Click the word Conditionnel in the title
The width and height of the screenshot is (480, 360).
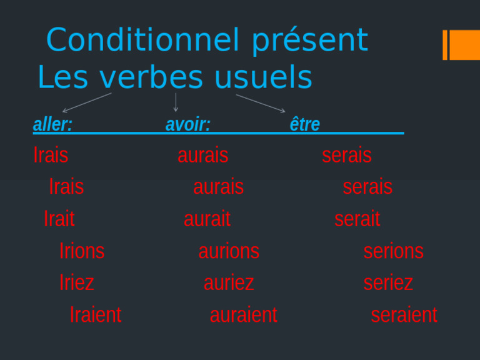point(142,41)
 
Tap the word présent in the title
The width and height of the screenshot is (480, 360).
point(309,41)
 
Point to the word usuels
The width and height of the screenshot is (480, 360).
point(262,78)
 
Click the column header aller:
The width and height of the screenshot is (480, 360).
point(52,124)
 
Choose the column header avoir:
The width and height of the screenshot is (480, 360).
point(187,124)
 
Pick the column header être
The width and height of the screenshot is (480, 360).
point(305,124)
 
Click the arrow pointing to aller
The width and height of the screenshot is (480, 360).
point(87,102)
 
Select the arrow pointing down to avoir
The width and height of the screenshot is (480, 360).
point(176,102)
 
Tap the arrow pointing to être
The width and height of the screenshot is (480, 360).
point(261,103)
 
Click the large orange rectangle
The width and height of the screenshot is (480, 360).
point(465,45)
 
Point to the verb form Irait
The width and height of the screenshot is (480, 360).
point(59,219)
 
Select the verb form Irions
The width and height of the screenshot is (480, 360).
point(82,251)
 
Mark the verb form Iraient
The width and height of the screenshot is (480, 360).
point(96,314)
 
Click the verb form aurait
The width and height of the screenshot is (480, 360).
point(207,219)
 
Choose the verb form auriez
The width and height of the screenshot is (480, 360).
point(229,282)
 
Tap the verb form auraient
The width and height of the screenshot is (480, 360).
point(243,314)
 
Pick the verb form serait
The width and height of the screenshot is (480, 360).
point(357,219)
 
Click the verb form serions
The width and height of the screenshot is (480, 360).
point(393,251)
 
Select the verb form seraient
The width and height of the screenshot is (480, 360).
point(404,314)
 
